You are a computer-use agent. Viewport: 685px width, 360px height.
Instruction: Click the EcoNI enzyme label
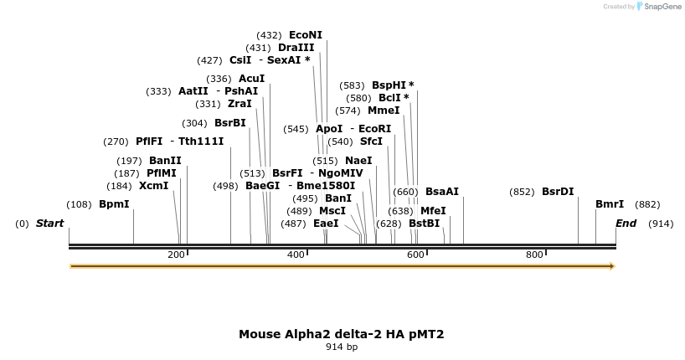coord(305,35)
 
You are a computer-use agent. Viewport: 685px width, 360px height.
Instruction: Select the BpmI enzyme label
coord(114,204)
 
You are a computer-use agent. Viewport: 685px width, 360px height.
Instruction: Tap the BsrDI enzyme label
coord(558,192)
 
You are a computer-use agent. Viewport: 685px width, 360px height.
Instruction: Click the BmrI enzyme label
coord(609,204)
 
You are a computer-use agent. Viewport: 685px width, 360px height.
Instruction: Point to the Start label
coord(49,224)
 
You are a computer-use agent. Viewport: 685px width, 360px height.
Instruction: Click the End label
coord(626,224)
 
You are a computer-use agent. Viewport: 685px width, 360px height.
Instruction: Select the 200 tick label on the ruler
coord(176,255)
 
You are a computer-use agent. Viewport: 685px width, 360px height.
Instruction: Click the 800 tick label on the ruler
coord(534,255)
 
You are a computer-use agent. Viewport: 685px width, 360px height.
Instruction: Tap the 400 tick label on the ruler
coord(296,255)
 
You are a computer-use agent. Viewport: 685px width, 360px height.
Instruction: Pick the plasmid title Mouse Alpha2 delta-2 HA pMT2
coord(342,334)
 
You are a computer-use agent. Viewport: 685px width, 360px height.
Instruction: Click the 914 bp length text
coord(342,347)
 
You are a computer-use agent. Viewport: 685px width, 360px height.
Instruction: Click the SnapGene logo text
coord(662,7)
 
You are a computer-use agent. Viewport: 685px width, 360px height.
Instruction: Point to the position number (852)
coord(522,192)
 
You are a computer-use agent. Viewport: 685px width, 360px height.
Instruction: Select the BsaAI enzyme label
coord(442,192)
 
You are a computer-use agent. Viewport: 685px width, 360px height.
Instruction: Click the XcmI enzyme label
coord(153,186)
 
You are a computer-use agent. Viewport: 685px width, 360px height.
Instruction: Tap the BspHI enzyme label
coord(393,85)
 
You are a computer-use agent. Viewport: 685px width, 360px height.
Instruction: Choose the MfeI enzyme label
coord(433,211)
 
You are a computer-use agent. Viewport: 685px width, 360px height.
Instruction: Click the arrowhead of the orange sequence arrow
coord(612,266)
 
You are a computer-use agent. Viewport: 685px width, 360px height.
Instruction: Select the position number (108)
coord(79,204)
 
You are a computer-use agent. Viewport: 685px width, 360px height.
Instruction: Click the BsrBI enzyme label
coord(230,123)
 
